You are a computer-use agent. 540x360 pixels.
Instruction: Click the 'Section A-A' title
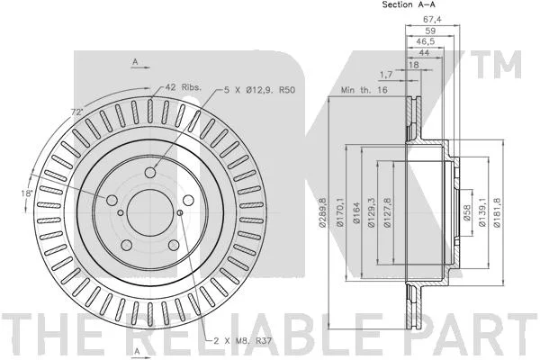click(x=409, y=4)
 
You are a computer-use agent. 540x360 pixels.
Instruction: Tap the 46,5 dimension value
click(x=426, y=41)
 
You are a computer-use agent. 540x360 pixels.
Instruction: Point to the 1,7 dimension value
click(x=386, y=74)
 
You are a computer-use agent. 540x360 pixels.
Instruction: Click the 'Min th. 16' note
click(x=364, y=90)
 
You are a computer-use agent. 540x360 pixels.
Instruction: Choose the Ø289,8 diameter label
click(x=322, y=212)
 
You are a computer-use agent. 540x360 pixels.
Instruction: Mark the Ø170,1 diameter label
click(x=340, y=211)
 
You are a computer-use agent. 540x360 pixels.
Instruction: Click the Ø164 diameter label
click(x=356, y=213)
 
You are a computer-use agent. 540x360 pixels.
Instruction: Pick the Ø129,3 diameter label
click(x=371, y=212)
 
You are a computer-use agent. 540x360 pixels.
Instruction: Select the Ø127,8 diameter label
click(x=387, y=212)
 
